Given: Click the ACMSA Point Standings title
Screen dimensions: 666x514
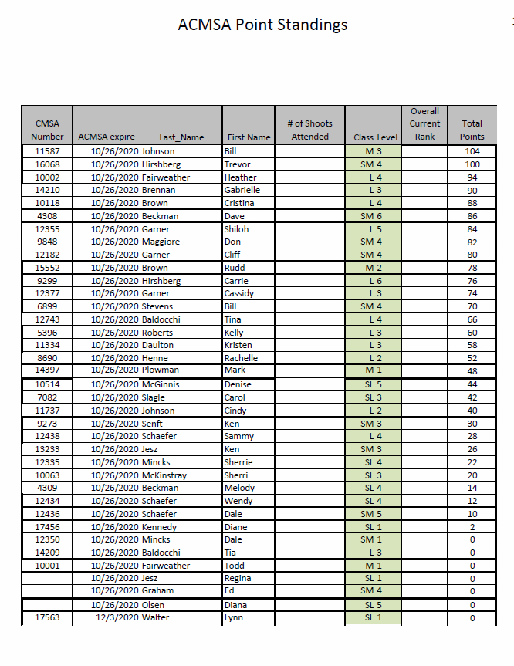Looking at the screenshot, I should point(262,25).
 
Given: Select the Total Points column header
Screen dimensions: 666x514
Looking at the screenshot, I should point(472,130).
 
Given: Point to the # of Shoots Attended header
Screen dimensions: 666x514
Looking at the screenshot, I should point(309,130).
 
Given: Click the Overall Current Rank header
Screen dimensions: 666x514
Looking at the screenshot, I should point(424,123).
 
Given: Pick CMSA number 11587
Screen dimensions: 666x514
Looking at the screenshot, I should point(47,151).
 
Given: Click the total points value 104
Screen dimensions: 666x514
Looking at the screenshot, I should point(472,151).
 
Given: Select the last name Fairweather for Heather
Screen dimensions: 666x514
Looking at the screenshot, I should point(167,177).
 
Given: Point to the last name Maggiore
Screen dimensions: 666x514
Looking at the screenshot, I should point(161,242).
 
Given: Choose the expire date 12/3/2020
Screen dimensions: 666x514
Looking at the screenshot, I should point(117,617).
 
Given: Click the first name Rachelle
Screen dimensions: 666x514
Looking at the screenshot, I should point(241,359).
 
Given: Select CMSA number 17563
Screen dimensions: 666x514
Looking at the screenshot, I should point(47,617).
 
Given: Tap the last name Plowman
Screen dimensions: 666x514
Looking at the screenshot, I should point(161,370).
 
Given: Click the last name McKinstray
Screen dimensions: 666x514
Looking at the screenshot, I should point(164,475).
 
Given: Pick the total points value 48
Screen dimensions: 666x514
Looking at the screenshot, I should point(472,370).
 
